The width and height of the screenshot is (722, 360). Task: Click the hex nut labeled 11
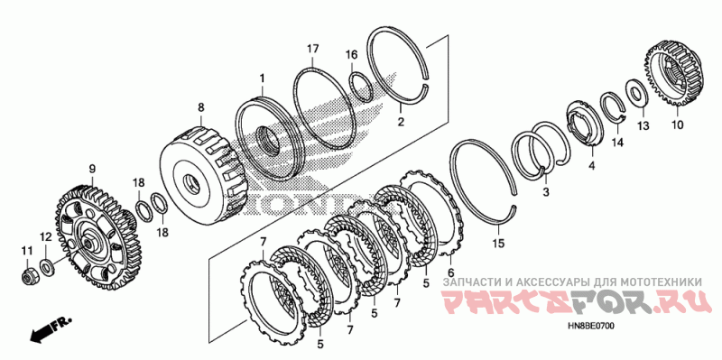[29, 277]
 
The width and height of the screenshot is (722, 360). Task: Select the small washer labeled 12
[46, 266]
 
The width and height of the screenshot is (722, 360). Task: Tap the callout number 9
[92, 169]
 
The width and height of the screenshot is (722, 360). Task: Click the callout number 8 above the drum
[200, 107]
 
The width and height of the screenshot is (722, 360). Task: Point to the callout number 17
[313, 49]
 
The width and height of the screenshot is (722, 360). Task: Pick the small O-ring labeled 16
[362, 86]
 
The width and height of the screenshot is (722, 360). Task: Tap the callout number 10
[678, 125]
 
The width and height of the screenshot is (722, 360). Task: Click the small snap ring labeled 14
[613, 106]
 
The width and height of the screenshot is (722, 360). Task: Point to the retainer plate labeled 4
[585, 123]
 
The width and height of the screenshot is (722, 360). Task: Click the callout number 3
[546, 192]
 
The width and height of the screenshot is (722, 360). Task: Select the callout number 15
[499, 243]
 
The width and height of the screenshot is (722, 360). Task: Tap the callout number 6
[450, 272]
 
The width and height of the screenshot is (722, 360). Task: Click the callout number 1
[262, 78]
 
